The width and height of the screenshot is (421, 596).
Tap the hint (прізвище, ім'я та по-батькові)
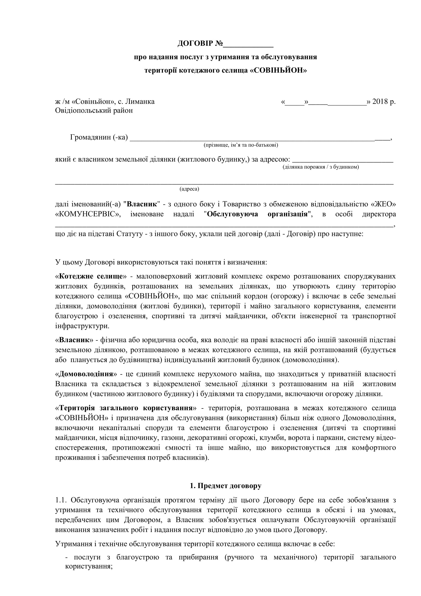(x=241, y=145)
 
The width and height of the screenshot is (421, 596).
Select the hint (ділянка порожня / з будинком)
(x=321, y=167)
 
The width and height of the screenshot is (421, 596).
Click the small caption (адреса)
(x=189, y=189)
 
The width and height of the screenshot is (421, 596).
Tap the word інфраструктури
(x=82, y=326)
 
